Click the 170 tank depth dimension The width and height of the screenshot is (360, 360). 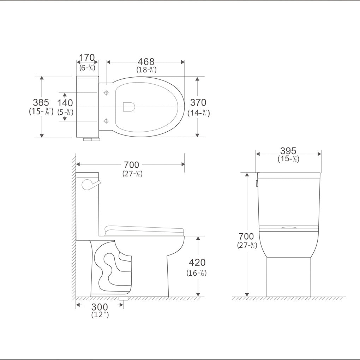[87, 58]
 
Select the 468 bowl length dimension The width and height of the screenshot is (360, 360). [146, 62]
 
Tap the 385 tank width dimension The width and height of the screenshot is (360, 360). [41, 103]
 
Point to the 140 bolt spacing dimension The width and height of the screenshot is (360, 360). [65, 103]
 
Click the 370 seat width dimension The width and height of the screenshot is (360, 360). [198, 103]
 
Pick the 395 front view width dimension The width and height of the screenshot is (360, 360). [288, 151]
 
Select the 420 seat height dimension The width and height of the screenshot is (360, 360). [197, 263]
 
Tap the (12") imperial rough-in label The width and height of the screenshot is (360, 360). [100, 314]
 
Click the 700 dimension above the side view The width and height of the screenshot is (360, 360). [131, 165]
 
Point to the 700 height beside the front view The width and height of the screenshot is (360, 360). [246, 236]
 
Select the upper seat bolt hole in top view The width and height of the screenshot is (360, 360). [106, 93]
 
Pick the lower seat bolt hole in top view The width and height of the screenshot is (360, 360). [106, 121]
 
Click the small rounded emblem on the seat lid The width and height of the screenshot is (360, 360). [129, 107]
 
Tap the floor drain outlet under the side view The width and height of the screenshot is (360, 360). [123, 299]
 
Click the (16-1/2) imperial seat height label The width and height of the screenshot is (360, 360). [197, 273]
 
